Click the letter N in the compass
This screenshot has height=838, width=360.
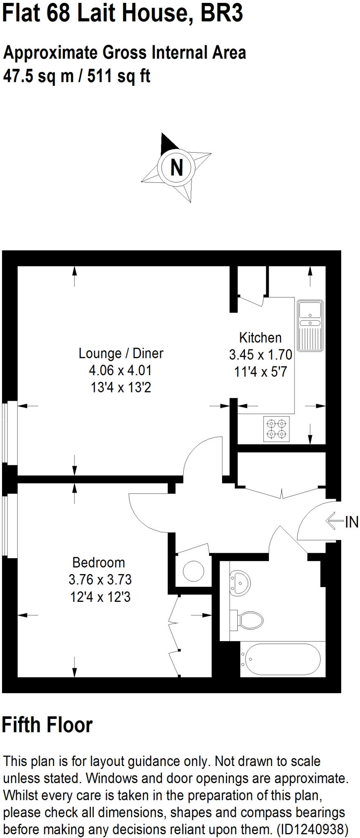tap(176, 167)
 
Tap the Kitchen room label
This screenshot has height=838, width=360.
tap(260, 338)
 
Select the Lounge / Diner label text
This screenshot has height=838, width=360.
tap(121, 353)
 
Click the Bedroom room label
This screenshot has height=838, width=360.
tap(99, 563)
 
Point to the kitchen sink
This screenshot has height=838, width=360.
tap(310, 326)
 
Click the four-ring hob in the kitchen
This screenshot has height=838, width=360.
tap(276, 429)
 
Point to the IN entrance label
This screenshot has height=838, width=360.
tap(352, 522)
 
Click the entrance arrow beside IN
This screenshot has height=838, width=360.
tap(334, 521)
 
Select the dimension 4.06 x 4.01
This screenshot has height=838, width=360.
tap(120, 370)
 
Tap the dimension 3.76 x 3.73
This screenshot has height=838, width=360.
tap(100, 580)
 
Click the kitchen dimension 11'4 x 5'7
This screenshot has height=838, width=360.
tap(261, 372)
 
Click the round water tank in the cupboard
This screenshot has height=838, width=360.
tap(193, 571)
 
